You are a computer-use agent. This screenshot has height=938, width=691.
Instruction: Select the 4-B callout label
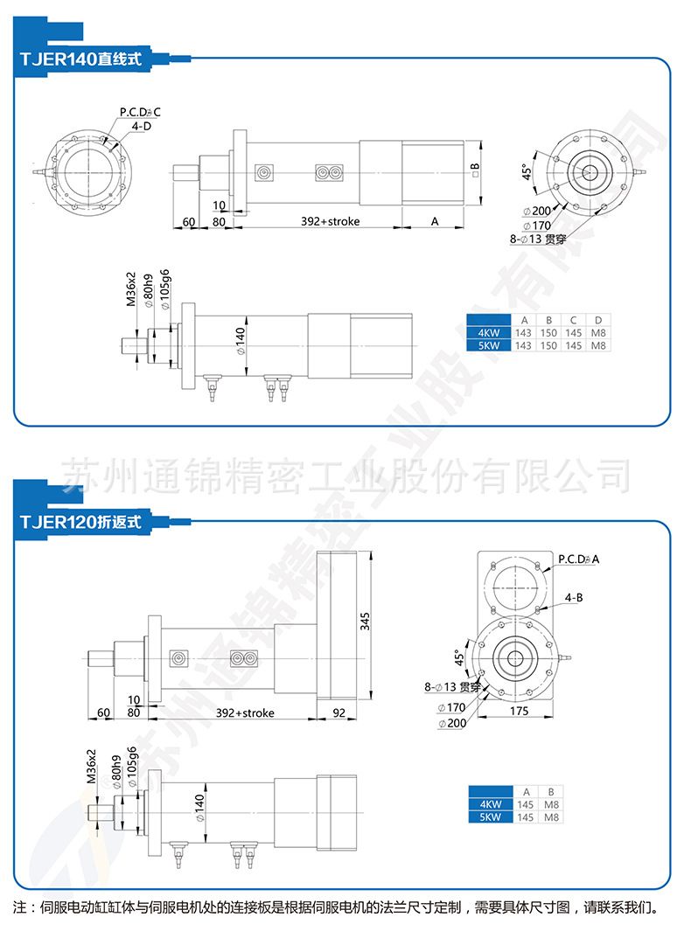click(x=574, y=597)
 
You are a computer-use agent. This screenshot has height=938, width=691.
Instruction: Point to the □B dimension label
click(x=474, y=166)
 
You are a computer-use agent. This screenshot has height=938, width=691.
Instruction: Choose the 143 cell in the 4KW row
click(x=523, y=333)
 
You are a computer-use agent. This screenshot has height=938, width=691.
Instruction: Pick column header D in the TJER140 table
click(x=598, y=320)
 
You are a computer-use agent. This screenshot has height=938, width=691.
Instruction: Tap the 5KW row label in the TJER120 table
click(x=490, y=816)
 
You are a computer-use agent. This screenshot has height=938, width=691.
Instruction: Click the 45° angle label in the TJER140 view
click(x=527, y=170)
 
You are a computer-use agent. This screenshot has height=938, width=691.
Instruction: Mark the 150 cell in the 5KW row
click(x=548, y=345)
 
